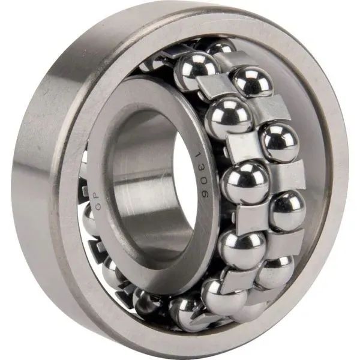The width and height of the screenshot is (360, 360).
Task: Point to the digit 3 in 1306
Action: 200,168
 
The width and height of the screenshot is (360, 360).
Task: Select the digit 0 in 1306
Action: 203,181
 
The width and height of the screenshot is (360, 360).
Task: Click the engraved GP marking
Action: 97,201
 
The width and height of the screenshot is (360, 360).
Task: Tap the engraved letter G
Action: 97,206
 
